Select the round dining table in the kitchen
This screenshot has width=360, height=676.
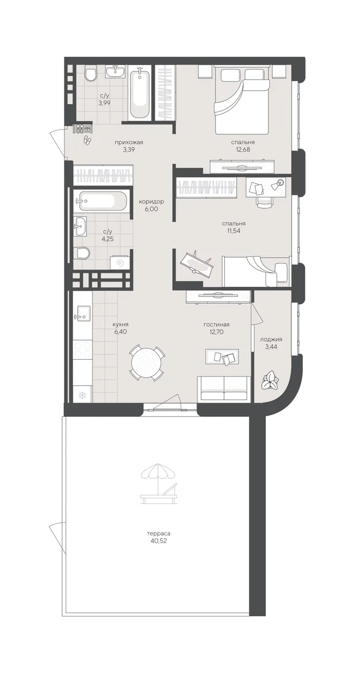pyautogui.click(x=147, y=362)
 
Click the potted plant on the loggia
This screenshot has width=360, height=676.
pyautogui.click(x=270, y=381)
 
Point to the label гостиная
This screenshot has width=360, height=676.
pyautogui.click(x=216, y=325)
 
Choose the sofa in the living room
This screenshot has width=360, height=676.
pyautogui.click(x=224, y=389)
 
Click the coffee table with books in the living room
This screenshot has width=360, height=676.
pyautogui.click(x=222, y=356)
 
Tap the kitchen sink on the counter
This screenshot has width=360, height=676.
pyautogui.click(x=82, y=313)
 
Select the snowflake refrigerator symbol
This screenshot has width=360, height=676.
pyautogui.click(x=82, y=395)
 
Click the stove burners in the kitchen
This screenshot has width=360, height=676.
pyautogui.click(x=83, y=349)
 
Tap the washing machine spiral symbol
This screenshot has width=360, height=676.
pyautogui.click(x=120, y=264)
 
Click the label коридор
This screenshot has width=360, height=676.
pyautogui.click(x=151, y=202)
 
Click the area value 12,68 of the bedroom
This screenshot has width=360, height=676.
pyautogui.click(x=243, y=149)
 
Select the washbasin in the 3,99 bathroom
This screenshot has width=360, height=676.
pyautogui.click(x=115, y=72)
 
